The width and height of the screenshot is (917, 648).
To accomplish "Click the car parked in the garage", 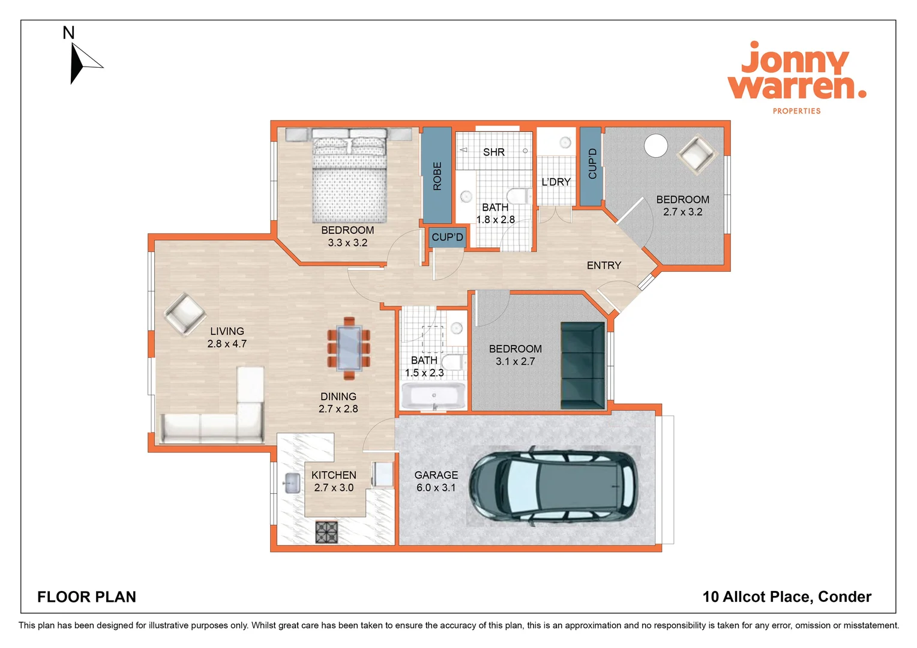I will (x=553, y=484).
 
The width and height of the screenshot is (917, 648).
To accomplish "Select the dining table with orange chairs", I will (x=349, y=348).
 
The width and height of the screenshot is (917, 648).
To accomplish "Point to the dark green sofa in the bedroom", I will (x=582, y=366).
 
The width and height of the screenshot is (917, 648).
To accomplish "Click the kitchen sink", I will (x=292, y=483).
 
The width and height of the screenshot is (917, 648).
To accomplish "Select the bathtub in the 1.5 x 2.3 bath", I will (x=433, y=397).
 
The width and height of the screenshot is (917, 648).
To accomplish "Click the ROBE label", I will (x=437, y=176).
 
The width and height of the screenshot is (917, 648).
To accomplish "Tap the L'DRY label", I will (x=556, y=182).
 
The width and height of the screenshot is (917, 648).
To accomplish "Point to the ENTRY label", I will (x=604, y=265).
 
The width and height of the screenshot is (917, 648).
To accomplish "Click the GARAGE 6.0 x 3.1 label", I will (x=436, y=481).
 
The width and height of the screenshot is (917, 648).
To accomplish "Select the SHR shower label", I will (x=493, y=152).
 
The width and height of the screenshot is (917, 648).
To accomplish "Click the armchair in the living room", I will (x=185, y=313).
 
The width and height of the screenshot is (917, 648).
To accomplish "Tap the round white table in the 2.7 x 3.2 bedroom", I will (x=655, y=146).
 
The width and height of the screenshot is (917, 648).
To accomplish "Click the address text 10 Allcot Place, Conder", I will (x=786, y=597).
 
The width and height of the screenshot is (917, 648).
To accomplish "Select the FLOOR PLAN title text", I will (x=87, y=597).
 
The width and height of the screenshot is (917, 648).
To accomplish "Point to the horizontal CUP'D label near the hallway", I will (x=447, y=237).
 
